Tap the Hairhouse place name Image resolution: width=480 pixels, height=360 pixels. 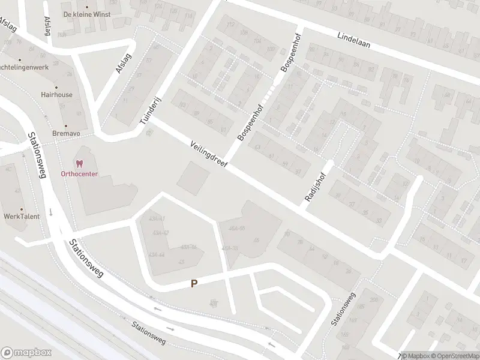(x=56, y=95)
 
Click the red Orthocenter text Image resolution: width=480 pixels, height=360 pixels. (x=79, y=174)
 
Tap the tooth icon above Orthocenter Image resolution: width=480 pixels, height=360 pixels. (x=79, y=163)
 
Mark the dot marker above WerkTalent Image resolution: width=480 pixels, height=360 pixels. (x=20, y=205)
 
